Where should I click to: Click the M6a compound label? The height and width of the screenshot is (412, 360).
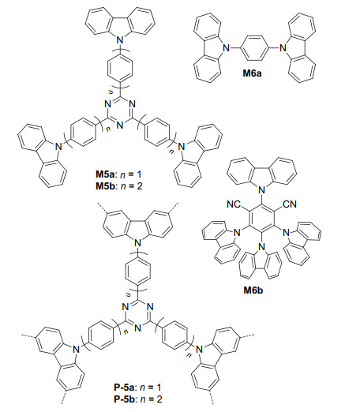tap(252, 73)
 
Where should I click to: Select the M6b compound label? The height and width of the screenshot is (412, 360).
tap(253, 290)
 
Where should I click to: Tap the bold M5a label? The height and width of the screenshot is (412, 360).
tap(105, 174)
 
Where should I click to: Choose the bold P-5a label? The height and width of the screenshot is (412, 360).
tap(125, 388)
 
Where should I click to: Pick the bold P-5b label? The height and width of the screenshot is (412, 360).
tap(125, 399)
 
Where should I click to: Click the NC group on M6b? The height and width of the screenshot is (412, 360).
tap(234, 204)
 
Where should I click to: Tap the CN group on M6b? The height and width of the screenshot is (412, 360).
tap(290, 204)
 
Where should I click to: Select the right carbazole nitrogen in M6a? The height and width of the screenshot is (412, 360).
tap(283, 48)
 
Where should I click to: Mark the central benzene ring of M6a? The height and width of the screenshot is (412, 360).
tap(254, 48)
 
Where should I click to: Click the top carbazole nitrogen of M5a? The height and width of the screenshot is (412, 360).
tap(120, 40)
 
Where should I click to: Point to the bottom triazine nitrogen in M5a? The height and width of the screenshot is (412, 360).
tap(120, 125)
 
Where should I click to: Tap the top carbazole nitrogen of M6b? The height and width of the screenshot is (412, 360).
tap(261, 189)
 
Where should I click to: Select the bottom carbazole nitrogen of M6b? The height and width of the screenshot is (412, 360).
tap(261, 246)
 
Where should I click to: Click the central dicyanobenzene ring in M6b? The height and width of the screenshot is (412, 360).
tap(262, 218)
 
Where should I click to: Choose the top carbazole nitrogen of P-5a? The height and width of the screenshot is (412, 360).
tap(138, 243)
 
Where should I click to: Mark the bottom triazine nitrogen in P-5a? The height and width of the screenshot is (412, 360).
tap(138, 328)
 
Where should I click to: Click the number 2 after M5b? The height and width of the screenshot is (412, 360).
tap(140, 186)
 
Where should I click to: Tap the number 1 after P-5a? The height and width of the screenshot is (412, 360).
tap(159, 388)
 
